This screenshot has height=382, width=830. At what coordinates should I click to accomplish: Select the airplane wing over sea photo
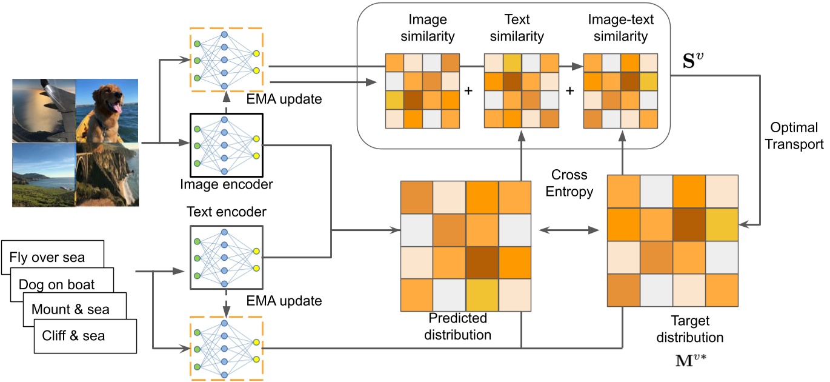coord(44,111)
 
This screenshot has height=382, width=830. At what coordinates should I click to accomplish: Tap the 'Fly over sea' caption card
coord(47,256)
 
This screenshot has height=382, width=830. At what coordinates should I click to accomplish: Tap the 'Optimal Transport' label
coord(794,136)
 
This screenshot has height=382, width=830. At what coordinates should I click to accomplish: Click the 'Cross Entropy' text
coord(569,183)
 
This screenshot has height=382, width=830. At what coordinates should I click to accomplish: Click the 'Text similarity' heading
coord(516,29)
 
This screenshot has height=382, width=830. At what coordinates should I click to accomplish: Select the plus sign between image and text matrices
coord(468,91)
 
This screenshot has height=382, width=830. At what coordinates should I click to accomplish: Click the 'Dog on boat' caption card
coord(57,284)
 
